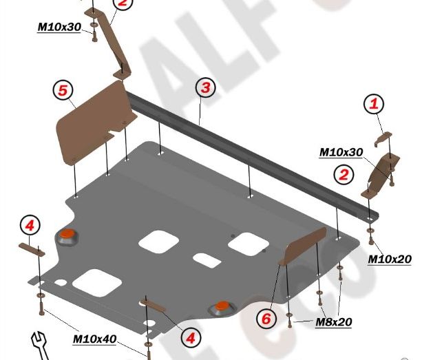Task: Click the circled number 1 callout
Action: tap(374, 105)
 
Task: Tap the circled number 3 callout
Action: tap(204, 87)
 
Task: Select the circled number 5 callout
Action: tap(62, 90)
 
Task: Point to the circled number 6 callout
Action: tap(266, 319)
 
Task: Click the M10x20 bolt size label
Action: tap(389, 260)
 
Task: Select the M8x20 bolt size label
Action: tap(335, 321)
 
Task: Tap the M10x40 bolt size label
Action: tap(94, 339)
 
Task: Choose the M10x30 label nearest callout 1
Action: tap(341, 152)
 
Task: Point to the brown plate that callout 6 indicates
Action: tap(302, 247)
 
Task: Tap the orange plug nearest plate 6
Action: tap(222, 306)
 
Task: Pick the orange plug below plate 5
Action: tap(67, 235)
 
